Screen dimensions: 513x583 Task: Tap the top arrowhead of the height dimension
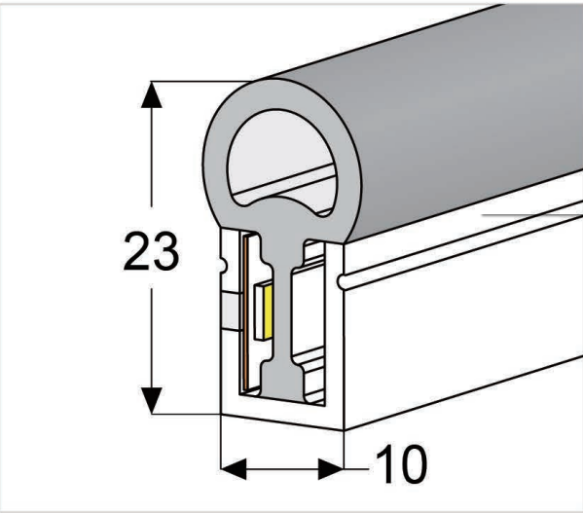click(x=151, y=94)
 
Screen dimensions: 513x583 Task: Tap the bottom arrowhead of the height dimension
click(x=151, y=400)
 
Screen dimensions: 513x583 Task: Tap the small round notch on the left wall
click(x=218, y=260)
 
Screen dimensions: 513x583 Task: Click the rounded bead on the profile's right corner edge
click(x=343, y=283)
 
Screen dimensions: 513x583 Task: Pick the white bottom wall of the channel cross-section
click(x=282, y=415)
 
